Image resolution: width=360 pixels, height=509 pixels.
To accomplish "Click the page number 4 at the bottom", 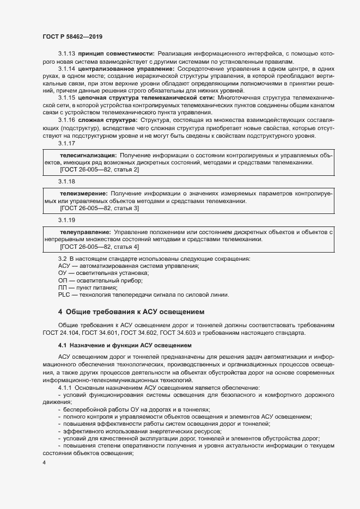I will point(44,463).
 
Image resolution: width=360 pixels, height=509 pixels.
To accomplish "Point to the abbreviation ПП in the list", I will point(63,287).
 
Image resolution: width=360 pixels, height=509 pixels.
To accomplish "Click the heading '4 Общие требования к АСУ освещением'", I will point(131,312).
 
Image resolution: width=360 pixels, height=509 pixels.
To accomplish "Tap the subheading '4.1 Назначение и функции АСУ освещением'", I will point(125,345).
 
